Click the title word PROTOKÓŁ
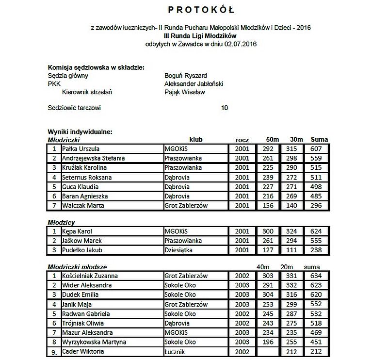201,9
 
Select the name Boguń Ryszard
186,76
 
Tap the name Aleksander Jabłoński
194,83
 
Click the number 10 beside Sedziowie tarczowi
224,108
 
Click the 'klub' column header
196,140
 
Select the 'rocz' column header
242,140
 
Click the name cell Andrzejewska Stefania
94,158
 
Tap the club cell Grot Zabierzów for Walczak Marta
186,206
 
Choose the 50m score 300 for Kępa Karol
268,231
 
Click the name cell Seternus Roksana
87,178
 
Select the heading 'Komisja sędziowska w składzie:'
96,67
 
